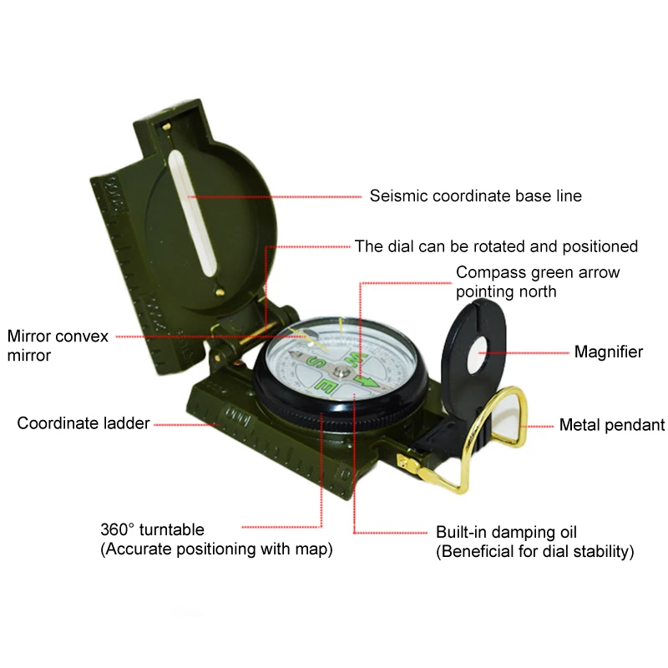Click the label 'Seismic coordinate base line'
click(476, 196)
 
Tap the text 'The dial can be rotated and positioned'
click(496, 246)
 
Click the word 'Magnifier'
click(608, 352)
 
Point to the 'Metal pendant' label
click(611, 425)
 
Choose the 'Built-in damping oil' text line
click(506, 532)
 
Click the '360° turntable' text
click(152, 529)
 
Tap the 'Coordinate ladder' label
click(83, 423)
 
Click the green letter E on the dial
click(326, 387)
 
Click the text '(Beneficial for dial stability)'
click(535, 552)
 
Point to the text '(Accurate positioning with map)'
click(216, 549)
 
